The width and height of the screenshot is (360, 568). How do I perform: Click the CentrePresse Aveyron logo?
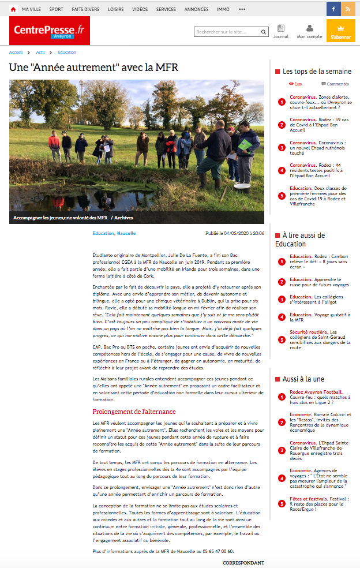(x=49, y=31)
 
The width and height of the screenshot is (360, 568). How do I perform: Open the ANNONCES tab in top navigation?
(x=196, y=9)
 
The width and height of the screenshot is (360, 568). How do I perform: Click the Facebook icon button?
(x=333, y=9)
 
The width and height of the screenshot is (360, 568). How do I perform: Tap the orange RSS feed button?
(x=348, y=9)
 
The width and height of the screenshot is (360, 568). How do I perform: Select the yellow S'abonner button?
(x=340, y=31)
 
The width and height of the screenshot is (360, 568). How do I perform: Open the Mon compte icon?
(x=310, y=31)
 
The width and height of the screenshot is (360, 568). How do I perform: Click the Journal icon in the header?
(x=281, y=31)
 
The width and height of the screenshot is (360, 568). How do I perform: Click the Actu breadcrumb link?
(x=40, y=52)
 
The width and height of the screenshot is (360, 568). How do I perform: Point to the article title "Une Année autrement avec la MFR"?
(x=93, y=68)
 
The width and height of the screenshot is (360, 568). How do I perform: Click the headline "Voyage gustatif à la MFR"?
(x=323, y=317)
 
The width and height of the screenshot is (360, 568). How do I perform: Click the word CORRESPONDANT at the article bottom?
(x=243, y=562)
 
